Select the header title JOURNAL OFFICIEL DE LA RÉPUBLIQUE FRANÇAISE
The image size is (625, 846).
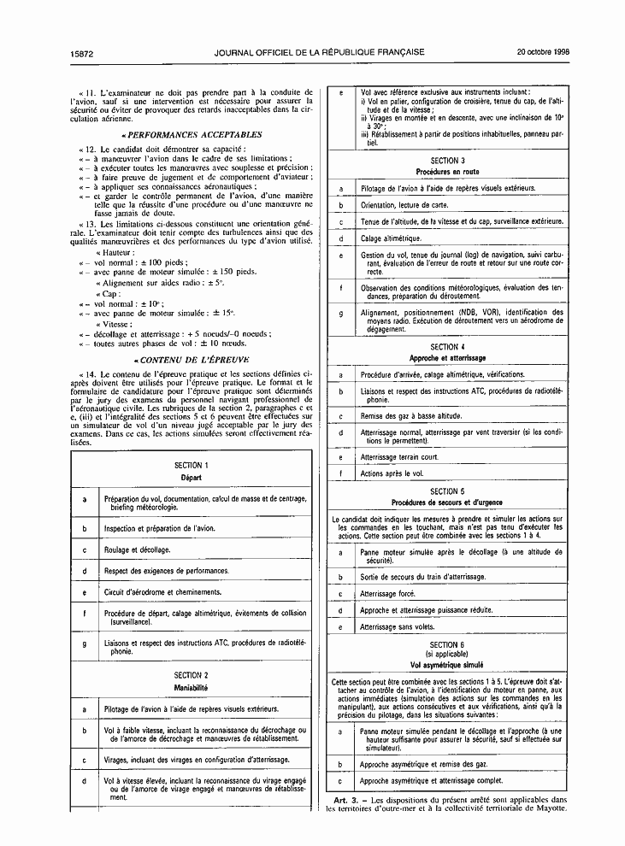coord(321,52)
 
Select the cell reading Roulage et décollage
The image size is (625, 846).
coord(137,550)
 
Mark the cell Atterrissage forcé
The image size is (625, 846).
coord(387,593)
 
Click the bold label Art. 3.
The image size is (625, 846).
coord(346,799)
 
